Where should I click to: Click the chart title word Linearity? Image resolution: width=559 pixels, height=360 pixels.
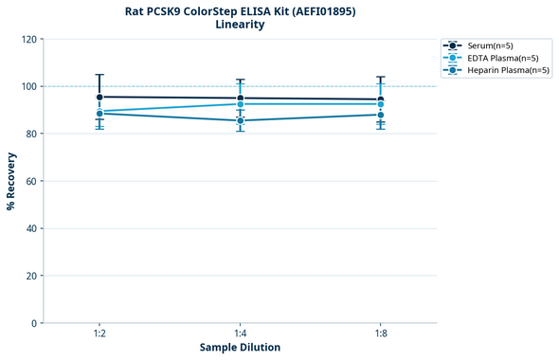click(240, 25)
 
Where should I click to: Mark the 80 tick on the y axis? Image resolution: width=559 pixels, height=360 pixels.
click(30, 134)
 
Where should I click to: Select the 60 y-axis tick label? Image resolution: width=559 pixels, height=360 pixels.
click(30, 181)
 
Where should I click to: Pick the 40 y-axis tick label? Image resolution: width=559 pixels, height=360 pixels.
click(30, 228)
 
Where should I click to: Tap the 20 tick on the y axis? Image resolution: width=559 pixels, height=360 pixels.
click(30, 276)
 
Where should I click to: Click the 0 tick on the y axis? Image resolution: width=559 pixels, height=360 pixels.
click(33, 323)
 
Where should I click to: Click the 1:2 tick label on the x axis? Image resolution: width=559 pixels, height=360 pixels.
click(99, 334)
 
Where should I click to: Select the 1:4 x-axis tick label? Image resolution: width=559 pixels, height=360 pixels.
click(241, 334)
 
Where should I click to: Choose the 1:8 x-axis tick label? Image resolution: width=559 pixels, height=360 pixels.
click(381, 334)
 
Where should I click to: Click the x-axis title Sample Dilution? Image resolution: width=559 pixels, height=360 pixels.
click(240, 348)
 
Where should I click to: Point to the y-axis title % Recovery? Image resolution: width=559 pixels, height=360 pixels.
click(11, 181)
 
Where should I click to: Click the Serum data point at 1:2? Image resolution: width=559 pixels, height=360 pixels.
click(99, 97)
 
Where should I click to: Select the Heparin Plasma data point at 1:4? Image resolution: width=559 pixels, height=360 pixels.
click(241, 120)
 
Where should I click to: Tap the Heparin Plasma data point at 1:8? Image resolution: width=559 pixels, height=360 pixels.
click(381, 115)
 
